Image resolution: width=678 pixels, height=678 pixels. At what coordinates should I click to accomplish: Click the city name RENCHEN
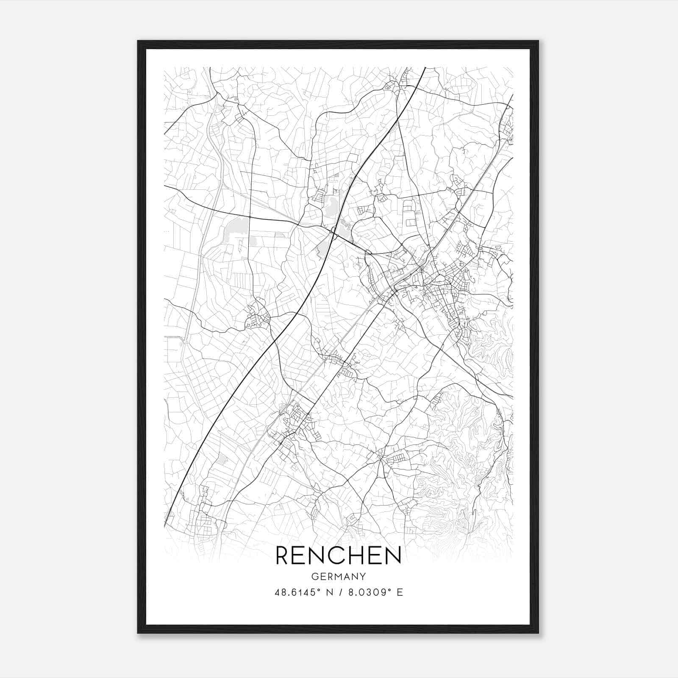click(x=339, y=556)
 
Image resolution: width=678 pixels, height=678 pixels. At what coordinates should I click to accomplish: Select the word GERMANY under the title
click(x=339, y=577)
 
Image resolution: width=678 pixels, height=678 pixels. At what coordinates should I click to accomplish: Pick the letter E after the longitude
click(x=400, y=592)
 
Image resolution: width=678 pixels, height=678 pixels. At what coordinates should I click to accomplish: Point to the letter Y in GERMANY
click(x=363, y=577)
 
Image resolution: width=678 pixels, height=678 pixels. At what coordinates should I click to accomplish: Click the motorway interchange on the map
click(x=334, y=233)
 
